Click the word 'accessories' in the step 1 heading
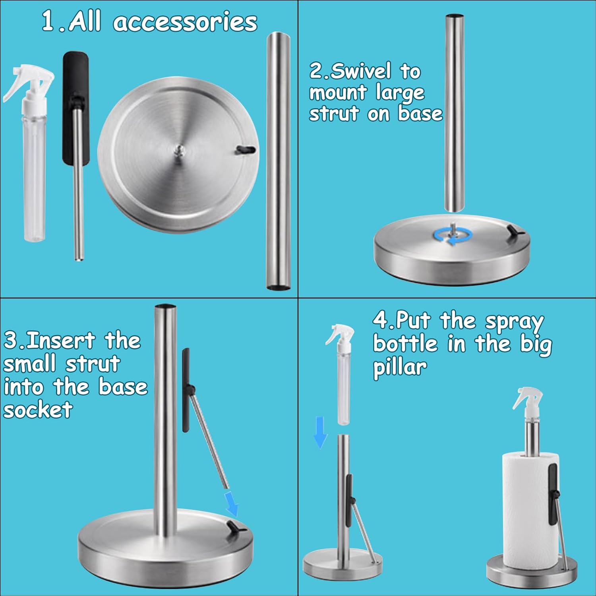point(185,22)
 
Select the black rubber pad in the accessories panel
point(75,107)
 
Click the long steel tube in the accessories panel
point(278,161)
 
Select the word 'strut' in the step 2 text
point(334,114)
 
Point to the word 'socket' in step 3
point(38,410)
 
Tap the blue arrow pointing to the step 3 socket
point(231,503)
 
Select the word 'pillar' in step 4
point(400,368)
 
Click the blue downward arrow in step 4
point(320,432)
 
